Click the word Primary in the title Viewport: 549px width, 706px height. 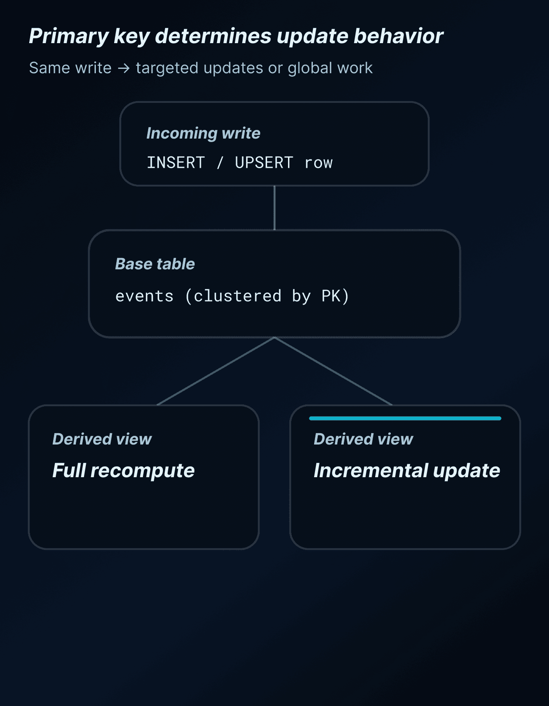68,37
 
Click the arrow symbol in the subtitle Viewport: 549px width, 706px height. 124,68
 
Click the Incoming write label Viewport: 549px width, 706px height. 203,133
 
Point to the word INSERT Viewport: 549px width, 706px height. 176,163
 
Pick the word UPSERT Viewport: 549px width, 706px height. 264,163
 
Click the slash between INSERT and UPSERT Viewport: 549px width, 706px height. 220,163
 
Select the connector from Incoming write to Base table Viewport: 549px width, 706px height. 274,208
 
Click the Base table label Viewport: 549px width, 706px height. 155,264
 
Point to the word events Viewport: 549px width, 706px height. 144,296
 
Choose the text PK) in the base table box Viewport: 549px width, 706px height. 335,296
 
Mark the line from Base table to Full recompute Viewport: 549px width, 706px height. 216,371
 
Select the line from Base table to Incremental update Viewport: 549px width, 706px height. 333,371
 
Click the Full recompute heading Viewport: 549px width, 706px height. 123,471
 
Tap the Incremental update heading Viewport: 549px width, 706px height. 407,471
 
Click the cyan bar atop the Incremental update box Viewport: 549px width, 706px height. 405,418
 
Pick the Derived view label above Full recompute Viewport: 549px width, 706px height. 102,439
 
